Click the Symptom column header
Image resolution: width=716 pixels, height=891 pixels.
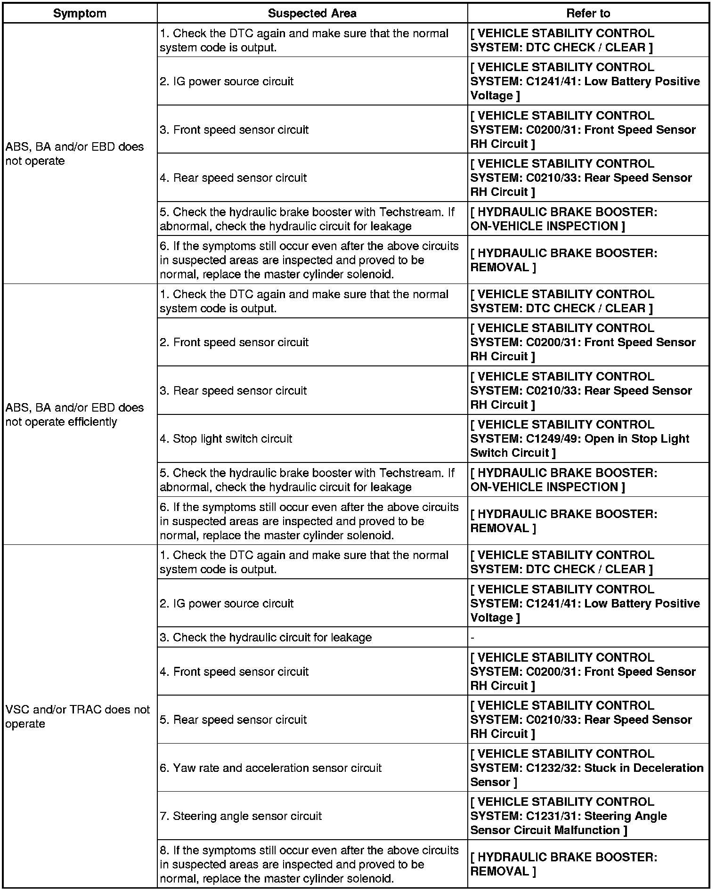tap(80, 14)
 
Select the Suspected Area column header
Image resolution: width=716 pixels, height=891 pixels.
tap(312, 14)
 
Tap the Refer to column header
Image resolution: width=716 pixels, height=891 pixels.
tap(588, 14)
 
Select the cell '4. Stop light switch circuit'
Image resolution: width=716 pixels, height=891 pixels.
tap(226, 439)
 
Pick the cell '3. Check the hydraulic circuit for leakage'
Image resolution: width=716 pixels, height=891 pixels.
tap(266, 638)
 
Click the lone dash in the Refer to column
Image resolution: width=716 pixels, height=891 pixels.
tap(472, 638)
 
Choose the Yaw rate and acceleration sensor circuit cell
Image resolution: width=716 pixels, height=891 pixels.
tap(271, 768)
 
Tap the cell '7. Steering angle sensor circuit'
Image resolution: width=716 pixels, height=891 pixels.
tap(241, 816)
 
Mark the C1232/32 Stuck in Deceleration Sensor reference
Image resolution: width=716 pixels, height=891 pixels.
tap(586, 768)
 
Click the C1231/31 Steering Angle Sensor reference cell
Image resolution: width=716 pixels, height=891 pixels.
tap(569, 816)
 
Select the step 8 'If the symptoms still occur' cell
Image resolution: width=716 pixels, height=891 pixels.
tap(309, 865)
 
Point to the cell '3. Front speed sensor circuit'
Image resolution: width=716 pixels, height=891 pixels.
tap(234, 130)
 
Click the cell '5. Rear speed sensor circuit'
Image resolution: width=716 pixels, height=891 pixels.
tap(233, 720)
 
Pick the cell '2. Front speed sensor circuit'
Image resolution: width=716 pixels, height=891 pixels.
tap(234, 342)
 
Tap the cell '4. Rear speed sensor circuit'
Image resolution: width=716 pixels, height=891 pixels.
tap(233, 178)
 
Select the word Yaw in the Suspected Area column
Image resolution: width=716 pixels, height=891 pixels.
tap(183, 768)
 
